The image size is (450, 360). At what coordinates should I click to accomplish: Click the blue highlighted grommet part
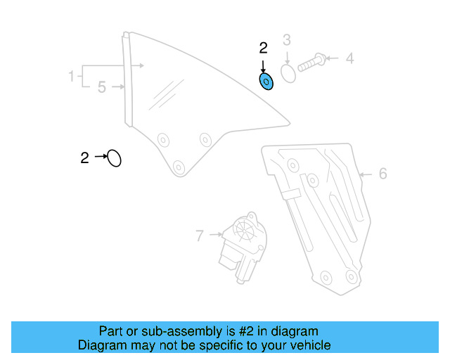click(x=266, y=82)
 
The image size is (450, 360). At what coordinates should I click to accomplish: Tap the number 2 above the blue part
click(x=264, y=49)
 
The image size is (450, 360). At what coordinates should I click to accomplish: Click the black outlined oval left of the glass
click(x=114, y=158)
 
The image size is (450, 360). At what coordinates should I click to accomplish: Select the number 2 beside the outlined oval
click(x=84, y=158)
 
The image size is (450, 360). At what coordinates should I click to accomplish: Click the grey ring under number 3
click(x=288, y=73)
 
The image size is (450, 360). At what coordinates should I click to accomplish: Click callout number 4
click(x=349, y=58)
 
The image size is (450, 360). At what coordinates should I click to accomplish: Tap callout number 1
click(x=71, y=75)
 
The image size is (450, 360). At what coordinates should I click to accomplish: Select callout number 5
click(x=102, y=88)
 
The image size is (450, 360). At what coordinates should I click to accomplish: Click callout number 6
click(x=382, y=174)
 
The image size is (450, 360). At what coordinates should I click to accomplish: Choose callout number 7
click(x=200, y=236)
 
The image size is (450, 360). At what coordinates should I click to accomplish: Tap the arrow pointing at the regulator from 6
click(x=366, y=174)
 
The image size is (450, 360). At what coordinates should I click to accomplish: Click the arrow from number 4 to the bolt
click(x=333, y=58)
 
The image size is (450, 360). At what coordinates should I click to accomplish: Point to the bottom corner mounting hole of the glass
click(x=178, y=167)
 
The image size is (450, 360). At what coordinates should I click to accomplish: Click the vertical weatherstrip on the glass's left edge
click(x=128, y=81)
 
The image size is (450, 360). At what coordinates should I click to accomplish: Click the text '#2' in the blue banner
click(x=248, y=331)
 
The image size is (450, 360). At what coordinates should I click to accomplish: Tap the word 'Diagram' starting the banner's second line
click(x=100, y=345)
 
